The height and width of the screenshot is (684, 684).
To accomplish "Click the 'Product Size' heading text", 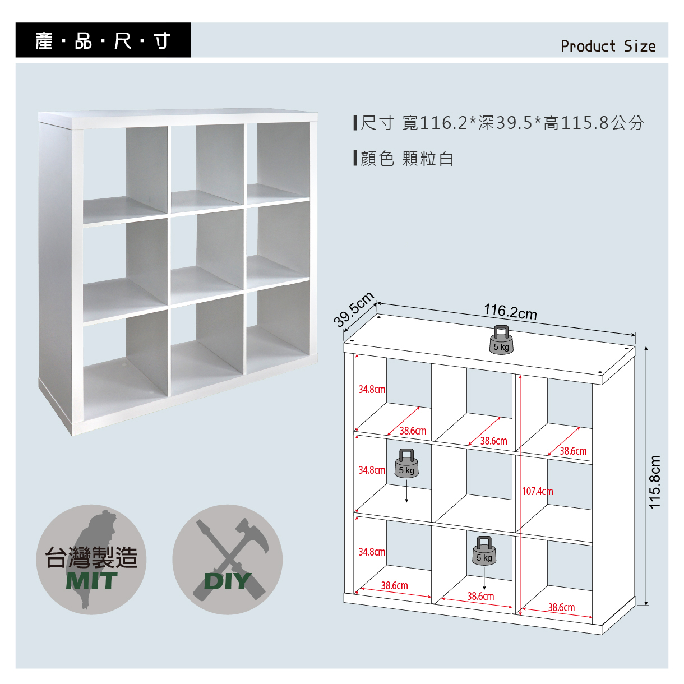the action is coord(608,46).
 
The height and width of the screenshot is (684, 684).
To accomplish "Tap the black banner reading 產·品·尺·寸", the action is coord(103,40).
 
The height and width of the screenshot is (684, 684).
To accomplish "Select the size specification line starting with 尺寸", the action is coord(498,123).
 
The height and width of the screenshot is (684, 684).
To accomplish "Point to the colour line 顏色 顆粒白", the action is coord(404,158).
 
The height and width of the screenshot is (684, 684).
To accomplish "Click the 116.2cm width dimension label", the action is coord(510,312).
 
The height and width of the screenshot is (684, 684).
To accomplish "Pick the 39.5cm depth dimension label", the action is coord(354,309).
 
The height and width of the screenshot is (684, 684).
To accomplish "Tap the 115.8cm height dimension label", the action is coord(654,482).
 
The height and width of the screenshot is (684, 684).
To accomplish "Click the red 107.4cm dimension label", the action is coord(537,491).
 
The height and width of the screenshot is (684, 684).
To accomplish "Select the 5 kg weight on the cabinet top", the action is coord(501,340).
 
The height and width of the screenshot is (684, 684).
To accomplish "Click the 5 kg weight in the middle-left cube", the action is coord(406,463).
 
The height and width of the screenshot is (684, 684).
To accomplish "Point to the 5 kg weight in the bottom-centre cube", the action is coord(484,551).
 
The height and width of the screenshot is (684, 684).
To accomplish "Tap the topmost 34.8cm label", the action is coord(372,390).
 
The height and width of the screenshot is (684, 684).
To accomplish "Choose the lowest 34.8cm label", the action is coord(372,552).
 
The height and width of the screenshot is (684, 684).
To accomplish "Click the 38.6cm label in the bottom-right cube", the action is coord(561,607).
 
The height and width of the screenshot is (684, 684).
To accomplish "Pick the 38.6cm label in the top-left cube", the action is coord(413,431).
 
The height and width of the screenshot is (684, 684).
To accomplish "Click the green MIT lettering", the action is coord(91,581).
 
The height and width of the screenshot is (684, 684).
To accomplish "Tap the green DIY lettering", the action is coord(228,581).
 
